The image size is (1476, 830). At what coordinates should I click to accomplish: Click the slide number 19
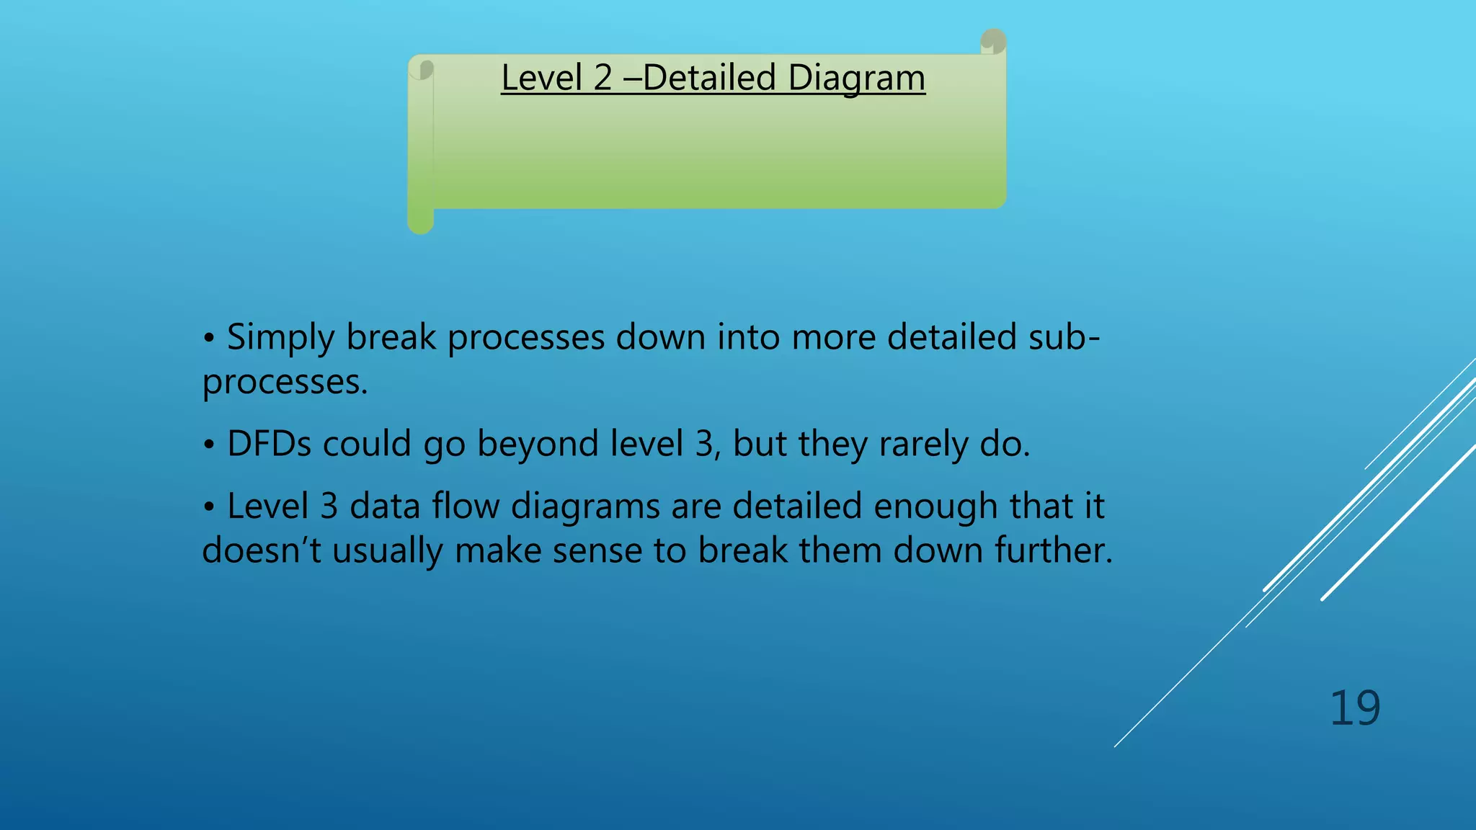point(1354,708)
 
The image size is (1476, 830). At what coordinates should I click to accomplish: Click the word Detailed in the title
point(708,78)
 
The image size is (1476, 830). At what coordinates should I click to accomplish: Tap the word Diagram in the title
point(856,78)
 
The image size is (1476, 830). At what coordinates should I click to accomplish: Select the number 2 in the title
point(603,78)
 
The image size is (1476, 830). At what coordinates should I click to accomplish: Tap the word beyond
point(538,443)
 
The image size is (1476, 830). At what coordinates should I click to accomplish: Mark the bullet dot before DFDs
point(208,445)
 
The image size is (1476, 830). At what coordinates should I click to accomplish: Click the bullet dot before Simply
point(208,338)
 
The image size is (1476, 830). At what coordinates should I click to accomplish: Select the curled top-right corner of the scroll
point(994,41)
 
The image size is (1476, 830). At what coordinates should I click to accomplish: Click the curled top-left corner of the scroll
point(424,69)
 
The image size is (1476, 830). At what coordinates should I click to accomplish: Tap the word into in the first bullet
point(749,336)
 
